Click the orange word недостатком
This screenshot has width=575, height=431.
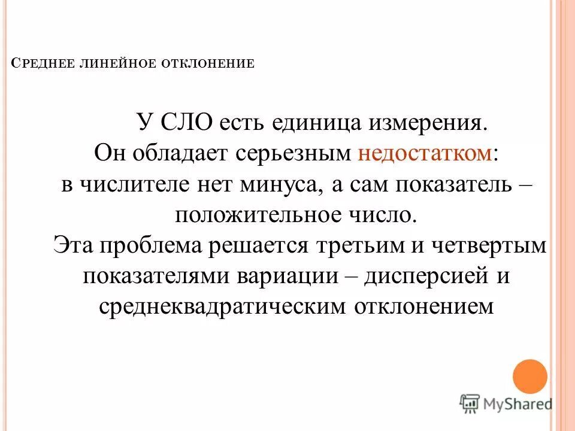[425, 153]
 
